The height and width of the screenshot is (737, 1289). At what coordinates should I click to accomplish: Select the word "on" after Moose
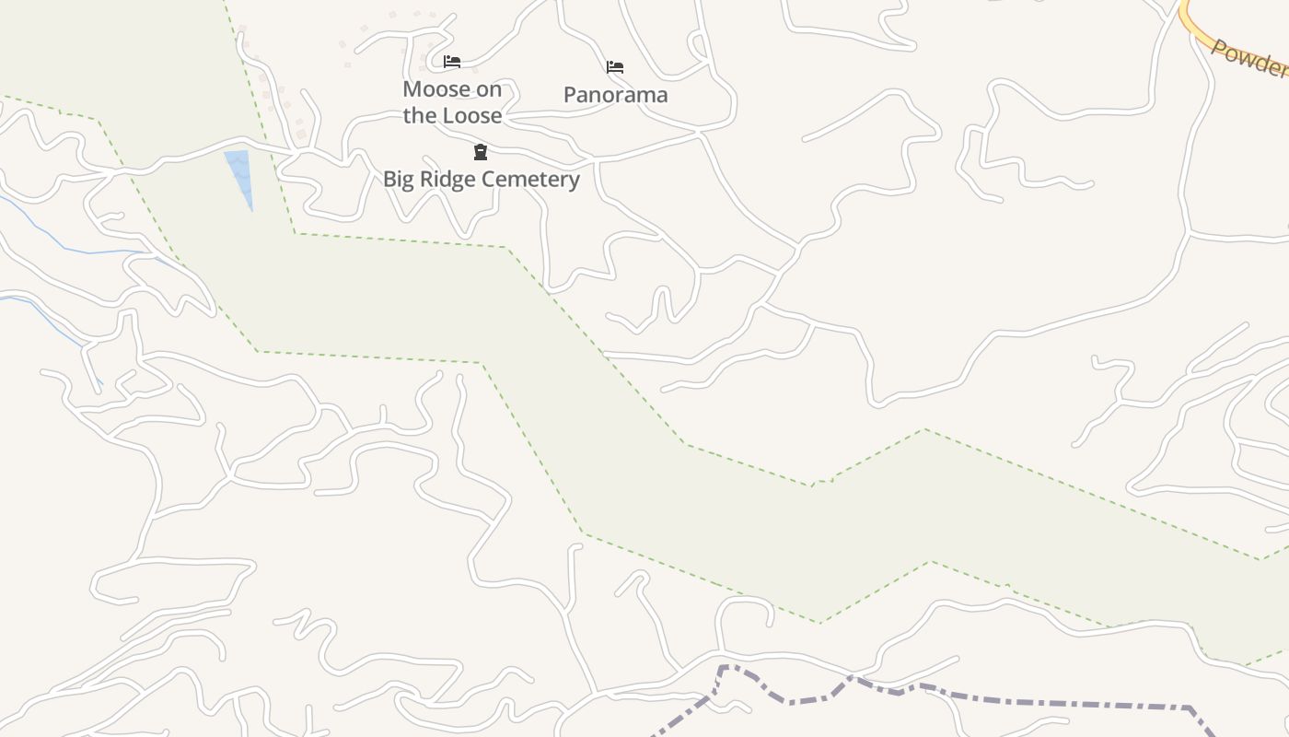tap(490, 89)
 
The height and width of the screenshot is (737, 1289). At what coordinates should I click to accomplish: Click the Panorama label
tap(615, 95)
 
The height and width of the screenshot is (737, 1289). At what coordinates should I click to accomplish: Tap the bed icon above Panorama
tap(615, 67)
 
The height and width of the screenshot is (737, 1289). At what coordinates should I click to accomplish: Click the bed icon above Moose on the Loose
tap(452, 62)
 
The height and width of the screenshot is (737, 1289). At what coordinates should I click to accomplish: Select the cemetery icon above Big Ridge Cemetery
tap(480, 152)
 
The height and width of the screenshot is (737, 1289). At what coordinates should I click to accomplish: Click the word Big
tap(399, 180)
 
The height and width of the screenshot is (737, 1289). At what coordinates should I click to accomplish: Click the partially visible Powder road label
tap(1250, 59)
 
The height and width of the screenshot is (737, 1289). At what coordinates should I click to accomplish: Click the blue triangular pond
tap(239, 175)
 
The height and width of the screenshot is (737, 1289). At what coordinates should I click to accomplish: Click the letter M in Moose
tap(412, 89)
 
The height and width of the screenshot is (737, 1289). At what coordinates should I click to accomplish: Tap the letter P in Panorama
tap(570, 95)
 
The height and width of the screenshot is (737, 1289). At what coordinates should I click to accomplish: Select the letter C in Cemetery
tap(485, 180)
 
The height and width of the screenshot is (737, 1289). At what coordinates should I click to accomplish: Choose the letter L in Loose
tap(448, 116)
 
